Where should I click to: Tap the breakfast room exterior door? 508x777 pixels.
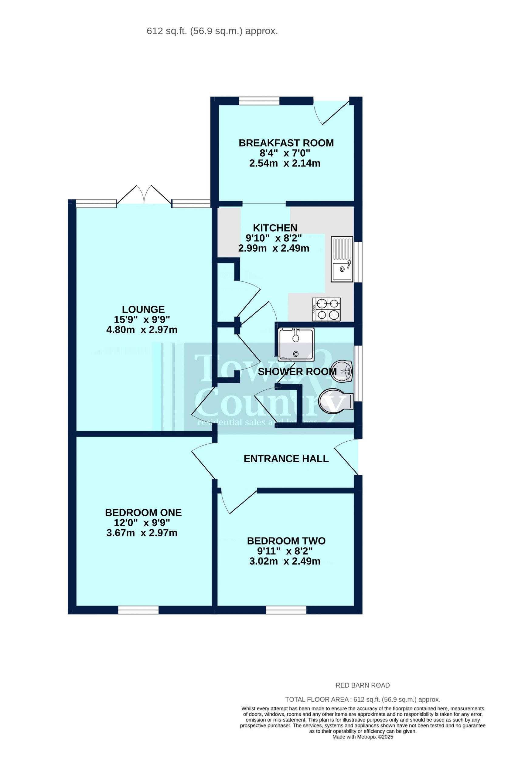pos(330,110)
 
